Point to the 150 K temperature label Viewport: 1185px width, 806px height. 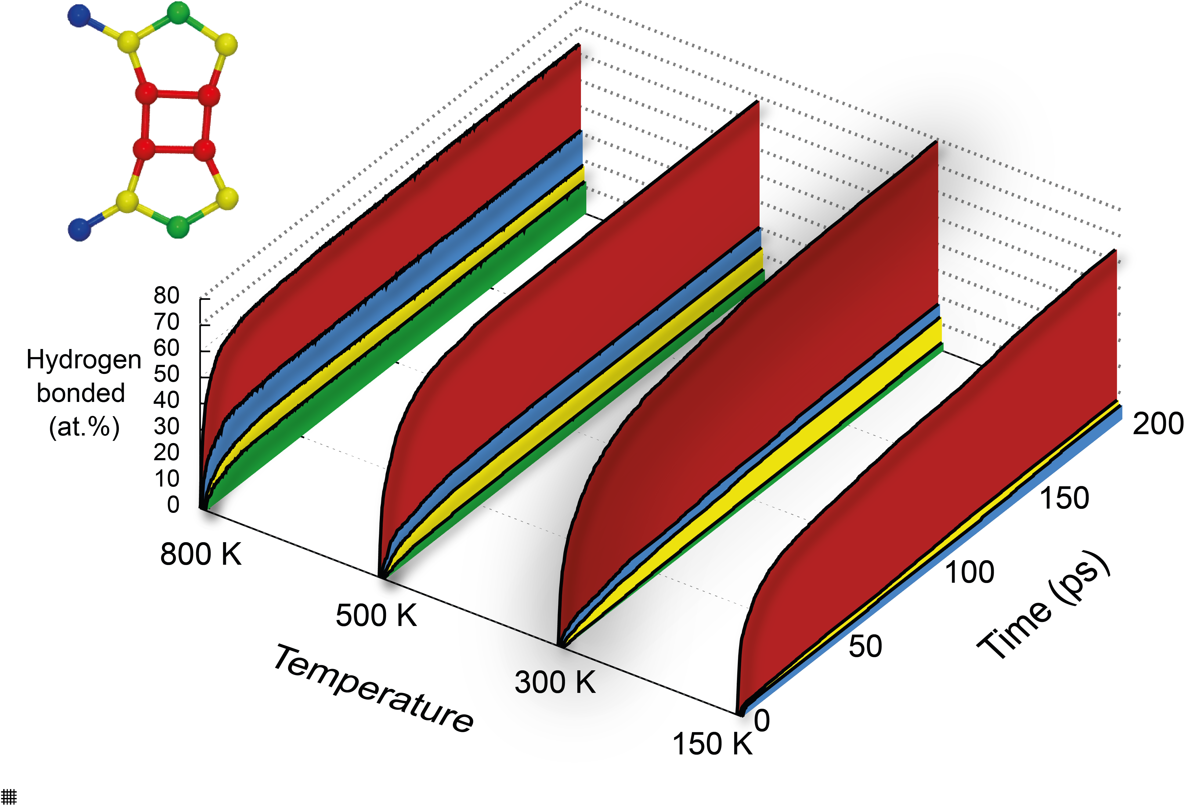[x=712, y=744]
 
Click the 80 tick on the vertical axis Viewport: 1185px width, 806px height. [x=167, y=295]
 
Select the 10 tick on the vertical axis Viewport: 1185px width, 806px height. [x=167, y=478]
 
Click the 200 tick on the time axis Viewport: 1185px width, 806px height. [x=1157, y=423]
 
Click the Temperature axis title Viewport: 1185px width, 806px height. [x=374, y=689]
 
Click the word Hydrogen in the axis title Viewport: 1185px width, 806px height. [x=84, y=360]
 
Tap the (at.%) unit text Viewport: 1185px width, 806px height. [x=84, y=426]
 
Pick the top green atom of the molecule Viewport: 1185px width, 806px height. [x=178, y=13]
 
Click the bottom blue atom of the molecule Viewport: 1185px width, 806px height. [x=80, y=229]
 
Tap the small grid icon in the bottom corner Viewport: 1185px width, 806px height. [x=9, y=796]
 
